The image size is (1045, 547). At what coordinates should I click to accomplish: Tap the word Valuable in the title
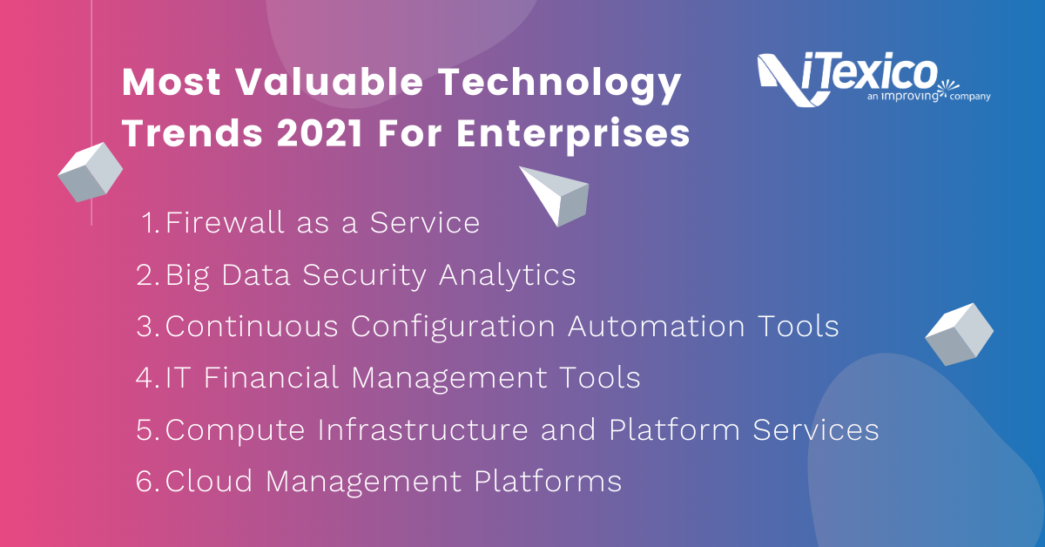pyautogui.click(x=329, y=82)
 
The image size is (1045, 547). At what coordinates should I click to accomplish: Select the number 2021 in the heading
pyautogui.click(x=320, y=134)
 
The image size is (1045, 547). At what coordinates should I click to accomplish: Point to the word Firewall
pyautogui.click(x=225, y=222)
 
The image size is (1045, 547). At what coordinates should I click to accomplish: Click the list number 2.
pyautogui.click(x=145, y=274)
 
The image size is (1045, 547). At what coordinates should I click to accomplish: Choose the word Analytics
pyautogui.click(x=507, y=275)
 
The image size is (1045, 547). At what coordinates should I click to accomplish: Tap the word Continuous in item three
pyautogui.click(x=252, y=326)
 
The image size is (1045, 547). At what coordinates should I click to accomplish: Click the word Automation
pyautogui.click(x=656, y=326)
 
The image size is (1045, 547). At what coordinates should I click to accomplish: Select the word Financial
pyautogui.click(x=271, y=377)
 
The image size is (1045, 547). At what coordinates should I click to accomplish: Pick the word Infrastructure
pyautogui.click(x=422, y=429)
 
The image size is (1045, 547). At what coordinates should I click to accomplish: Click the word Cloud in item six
pyautogui.click(x=208, y=481)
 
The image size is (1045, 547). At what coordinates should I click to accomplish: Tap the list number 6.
pyautogui.click(x=145, y=481)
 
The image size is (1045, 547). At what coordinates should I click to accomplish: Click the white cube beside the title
pyautogui.click(x=90, y=172)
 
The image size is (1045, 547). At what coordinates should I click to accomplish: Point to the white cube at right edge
pyautogui.click(x=959, y=334)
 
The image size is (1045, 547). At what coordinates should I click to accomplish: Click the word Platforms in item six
pyautogui.click(x=548, y=481)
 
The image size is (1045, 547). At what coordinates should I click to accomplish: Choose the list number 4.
pyautogui.click(x=145, y=377)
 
